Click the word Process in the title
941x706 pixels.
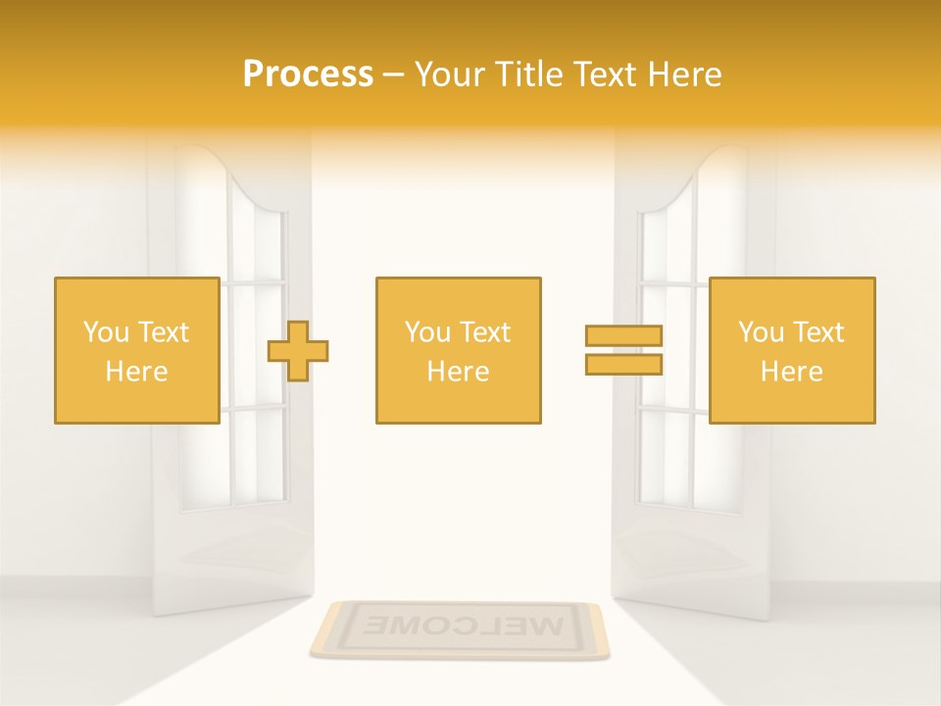pos(308,75)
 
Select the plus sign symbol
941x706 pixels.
pos(298,350)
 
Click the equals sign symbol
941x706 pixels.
pos(623,350)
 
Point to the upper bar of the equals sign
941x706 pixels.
pos(623,336)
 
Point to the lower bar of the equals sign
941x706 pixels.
pos(623,364)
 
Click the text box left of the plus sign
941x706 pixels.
pos(136,350)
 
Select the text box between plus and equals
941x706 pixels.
pos(458,350)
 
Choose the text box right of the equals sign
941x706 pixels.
pos(791,350)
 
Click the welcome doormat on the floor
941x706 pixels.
pos(459,630)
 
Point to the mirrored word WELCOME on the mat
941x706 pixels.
pos(459,625)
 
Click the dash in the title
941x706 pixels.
pos(393,75)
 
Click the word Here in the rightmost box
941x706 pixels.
pos(791,372)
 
